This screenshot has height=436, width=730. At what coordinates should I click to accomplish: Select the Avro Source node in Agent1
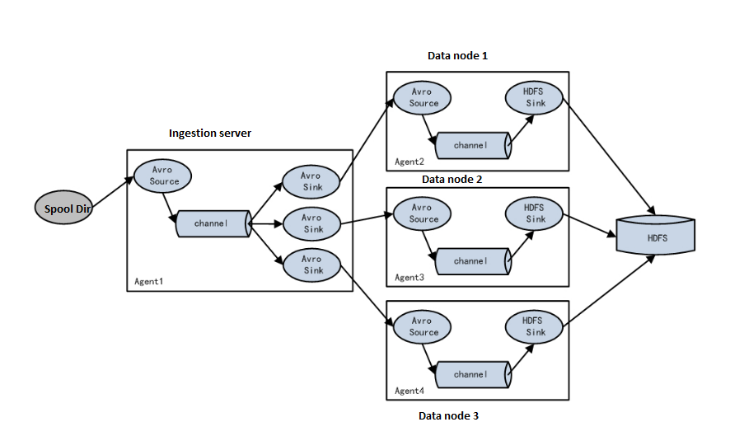coord(164,175)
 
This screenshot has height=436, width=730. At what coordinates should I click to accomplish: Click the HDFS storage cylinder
coord(657,237)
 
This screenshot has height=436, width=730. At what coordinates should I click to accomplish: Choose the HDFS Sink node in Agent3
coord(535,214)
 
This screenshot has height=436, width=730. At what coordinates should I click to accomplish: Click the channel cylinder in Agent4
coord(471,374)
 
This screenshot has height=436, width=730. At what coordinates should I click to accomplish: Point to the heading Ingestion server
coord(209,134)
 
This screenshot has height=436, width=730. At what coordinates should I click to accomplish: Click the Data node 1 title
coord(458,56)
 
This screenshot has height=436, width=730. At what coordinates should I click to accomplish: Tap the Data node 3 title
coord(448,415)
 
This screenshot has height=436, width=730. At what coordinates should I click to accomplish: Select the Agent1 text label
coord(149,281)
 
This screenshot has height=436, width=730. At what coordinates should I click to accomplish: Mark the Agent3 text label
coord(409,278)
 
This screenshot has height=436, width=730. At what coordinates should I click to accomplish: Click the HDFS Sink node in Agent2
coord(535,97)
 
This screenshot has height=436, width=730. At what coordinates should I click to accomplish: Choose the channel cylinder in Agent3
coord(471,260)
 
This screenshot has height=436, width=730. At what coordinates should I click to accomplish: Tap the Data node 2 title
coord(452,179)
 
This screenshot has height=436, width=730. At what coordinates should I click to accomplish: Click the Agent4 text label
coord(409,391)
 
